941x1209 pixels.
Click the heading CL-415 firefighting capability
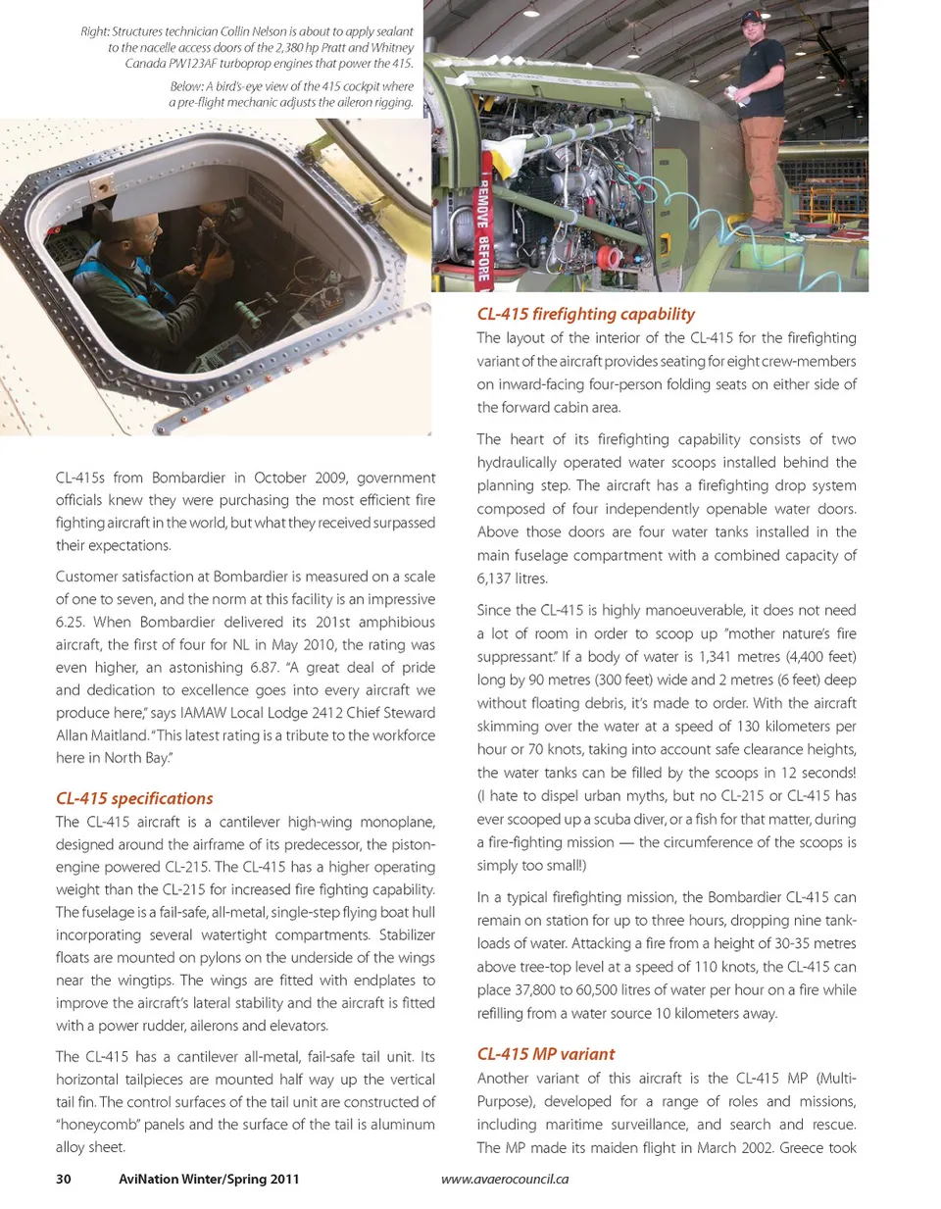pos(585,314)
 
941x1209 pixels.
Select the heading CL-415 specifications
pos(134,798)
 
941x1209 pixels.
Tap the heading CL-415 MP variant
pos(546,1054)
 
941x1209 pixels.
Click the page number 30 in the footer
pos(64,1179)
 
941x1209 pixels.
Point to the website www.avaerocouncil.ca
pos(505,1179)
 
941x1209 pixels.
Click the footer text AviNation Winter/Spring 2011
pos(209,1179)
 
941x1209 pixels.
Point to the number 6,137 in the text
pos(498,579)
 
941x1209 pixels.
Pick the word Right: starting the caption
pos(94,31)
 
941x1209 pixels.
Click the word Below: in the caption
pos(186,86)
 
